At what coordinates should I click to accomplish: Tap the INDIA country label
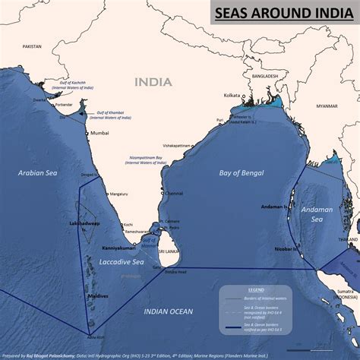point(154,81)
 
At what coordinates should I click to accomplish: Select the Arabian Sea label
point(38,173)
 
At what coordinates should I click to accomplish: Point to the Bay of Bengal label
point(242,173)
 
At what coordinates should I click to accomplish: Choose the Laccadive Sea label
point(122,262)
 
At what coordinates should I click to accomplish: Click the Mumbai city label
point(99,133)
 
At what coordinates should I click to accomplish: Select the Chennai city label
point(174,193)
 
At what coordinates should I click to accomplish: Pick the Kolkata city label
point(232,96)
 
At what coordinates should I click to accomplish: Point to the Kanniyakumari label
point(119,248)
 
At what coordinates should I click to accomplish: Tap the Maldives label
point(99,295)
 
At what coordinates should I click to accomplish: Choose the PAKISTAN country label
point(32,46)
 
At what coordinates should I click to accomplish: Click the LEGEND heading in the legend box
point(257,289)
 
